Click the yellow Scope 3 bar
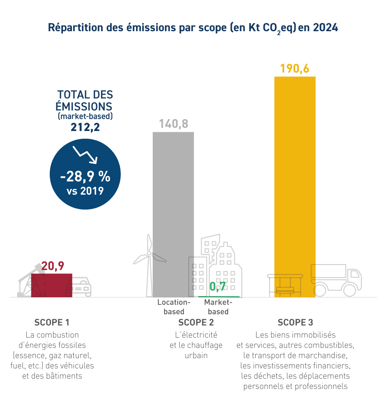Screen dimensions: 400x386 pyautogui.click(x=295, y=185)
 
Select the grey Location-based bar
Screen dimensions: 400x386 pyautogui.click(x=173, y=214)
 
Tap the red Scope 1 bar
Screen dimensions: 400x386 pyautogui.click(x=52, y=285)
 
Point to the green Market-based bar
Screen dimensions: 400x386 pyautogui.click(x=219, y=297)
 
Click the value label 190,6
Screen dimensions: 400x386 pyautogui.click(x=294, y=69)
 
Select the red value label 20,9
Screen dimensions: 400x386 pyautogui.click(x=53, y=267)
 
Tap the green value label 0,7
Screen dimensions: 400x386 pyautogui.click(x=217, y=287)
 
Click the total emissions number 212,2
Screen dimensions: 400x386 pyautogui.click(x=85, y=128)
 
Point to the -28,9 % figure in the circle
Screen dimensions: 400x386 pyautogui.click(x=85, y=177)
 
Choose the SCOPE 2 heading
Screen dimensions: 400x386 pyautogui.click(x=196, y=322)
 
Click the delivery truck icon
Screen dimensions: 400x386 pyautogui.click(x=336, y=280)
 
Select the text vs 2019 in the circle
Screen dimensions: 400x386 pyautogui.click(x=85, y=191)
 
